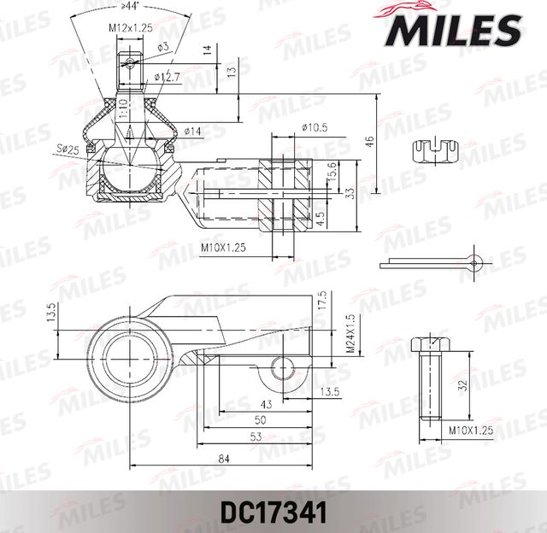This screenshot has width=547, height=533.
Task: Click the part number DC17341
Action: pyautogui.click(x=273, y=516)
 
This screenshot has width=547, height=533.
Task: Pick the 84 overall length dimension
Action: pyautogui.click(x=223, y=460)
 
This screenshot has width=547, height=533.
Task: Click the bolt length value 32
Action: pyautogui.click(x=462, y=384)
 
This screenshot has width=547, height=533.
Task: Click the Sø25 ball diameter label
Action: pyautogui.click(x=68, y=149)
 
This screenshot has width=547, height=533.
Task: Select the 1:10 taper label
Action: pyautogui.click(x=123, y=107)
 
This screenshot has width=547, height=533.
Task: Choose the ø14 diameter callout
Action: pyautogui.click(x=191, y=131)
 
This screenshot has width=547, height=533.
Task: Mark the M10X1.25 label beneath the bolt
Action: pyautogui.click(x=471, y=431)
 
